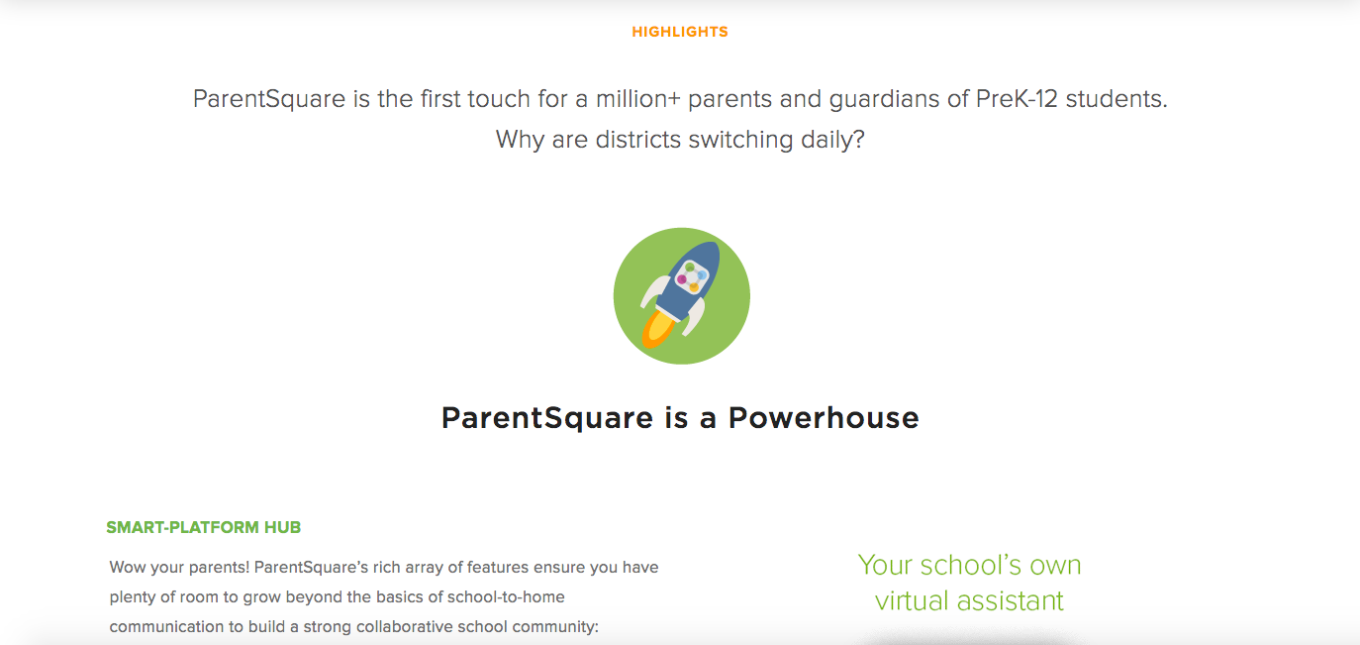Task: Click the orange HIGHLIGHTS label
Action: (680, 32)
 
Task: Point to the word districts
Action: (639, 139)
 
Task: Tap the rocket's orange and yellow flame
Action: (655, 330)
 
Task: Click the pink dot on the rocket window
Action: (682, 279)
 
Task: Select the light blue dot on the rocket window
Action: (701, 275)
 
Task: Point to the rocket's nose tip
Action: (715, 248)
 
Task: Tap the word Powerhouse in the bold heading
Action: (824, 417)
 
